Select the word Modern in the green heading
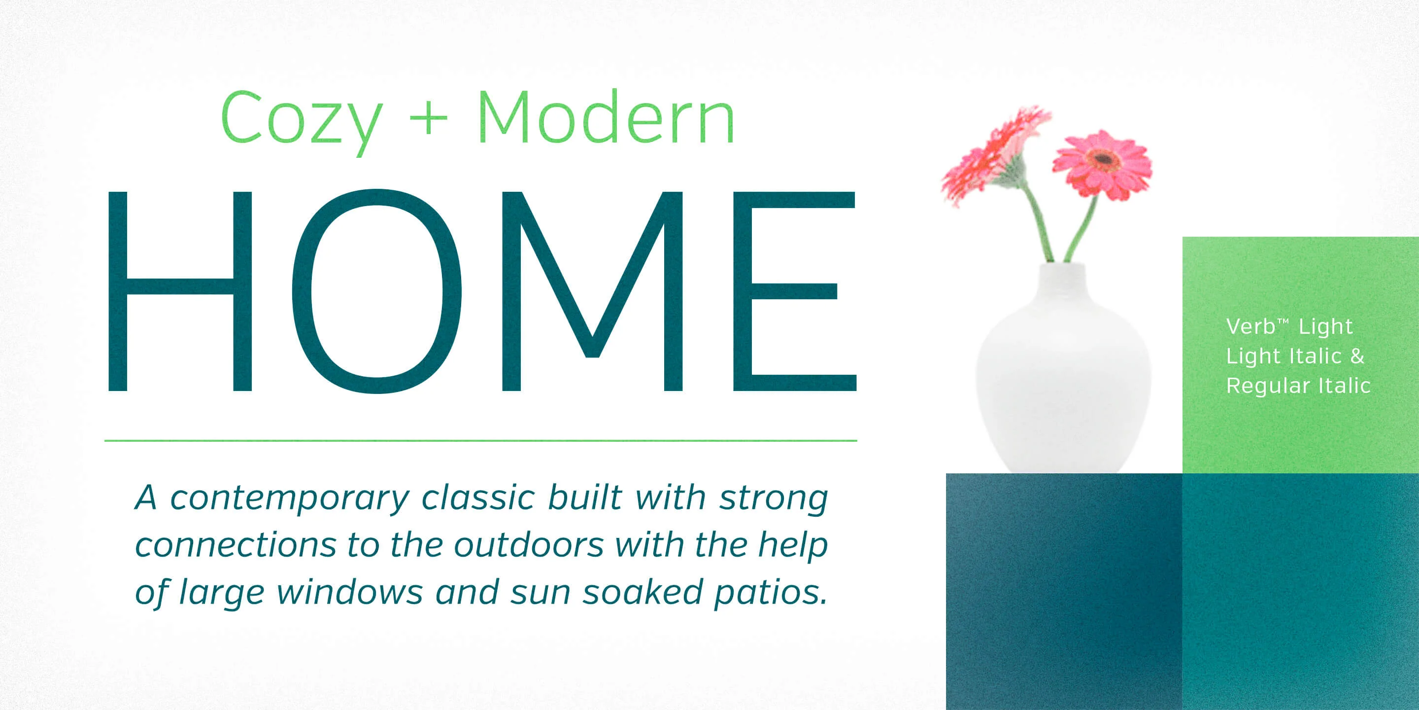pos(606,117)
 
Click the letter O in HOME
pos(376,291)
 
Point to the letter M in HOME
pos(592,291)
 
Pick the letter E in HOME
pos(794,291)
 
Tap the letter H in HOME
pos(180,291)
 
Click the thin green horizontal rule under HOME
pos(480,440)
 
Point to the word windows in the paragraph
pos(350,592)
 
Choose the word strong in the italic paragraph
pos(774,499)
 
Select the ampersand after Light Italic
pos(1357,355)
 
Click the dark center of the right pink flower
pos(1103,159)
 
